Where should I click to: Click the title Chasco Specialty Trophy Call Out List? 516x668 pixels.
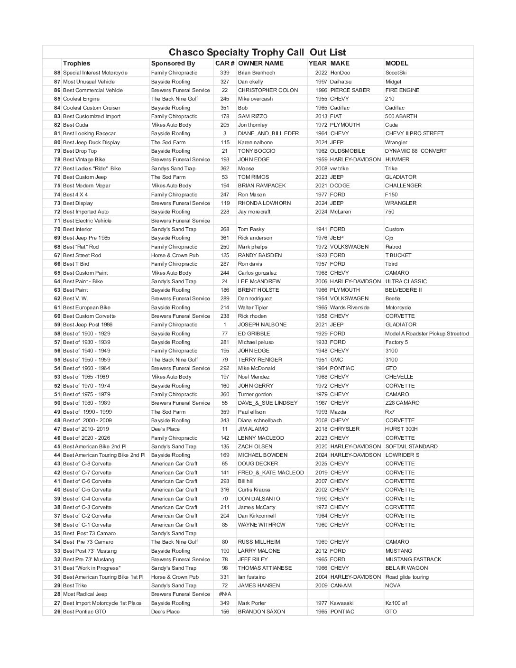point(258,53)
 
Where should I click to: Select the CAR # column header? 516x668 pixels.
point(225,63)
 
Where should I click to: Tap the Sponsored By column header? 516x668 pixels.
point(173,63)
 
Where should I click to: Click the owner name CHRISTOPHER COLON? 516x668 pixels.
point(268,90)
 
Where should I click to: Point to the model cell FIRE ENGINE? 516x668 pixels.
point(402,90)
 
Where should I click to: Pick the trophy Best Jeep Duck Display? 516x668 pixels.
point(92,142)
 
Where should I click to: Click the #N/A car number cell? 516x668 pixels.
point(225,594)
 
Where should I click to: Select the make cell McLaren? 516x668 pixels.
point(341,212)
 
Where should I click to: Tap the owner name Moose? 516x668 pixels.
point(246,168)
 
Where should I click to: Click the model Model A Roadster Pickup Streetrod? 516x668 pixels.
point(427,334)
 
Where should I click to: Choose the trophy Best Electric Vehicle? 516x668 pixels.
point(87,221)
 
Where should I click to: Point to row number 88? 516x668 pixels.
point(57,73)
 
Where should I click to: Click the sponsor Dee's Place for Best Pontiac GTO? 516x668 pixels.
point(166,612)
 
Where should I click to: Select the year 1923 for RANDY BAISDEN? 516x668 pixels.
point(321,255)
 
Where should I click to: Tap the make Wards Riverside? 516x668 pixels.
point(350,307)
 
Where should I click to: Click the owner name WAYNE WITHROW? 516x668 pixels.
point(261,525)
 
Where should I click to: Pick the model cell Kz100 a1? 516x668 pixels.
point(396,603)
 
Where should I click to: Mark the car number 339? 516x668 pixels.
point(225,73)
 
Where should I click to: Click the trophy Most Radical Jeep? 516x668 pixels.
point(85,594)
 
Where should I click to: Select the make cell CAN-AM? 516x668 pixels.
point(341,585)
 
